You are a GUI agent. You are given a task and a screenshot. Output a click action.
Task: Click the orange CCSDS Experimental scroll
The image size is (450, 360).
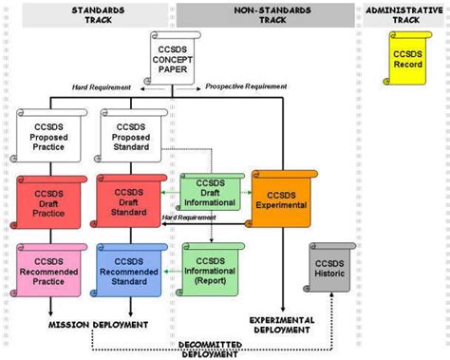(282, 197)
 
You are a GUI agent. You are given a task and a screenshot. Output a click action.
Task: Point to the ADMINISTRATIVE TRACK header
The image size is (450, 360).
(404, 14)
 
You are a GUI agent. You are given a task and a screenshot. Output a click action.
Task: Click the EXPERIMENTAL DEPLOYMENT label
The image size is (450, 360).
(282, 325)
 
